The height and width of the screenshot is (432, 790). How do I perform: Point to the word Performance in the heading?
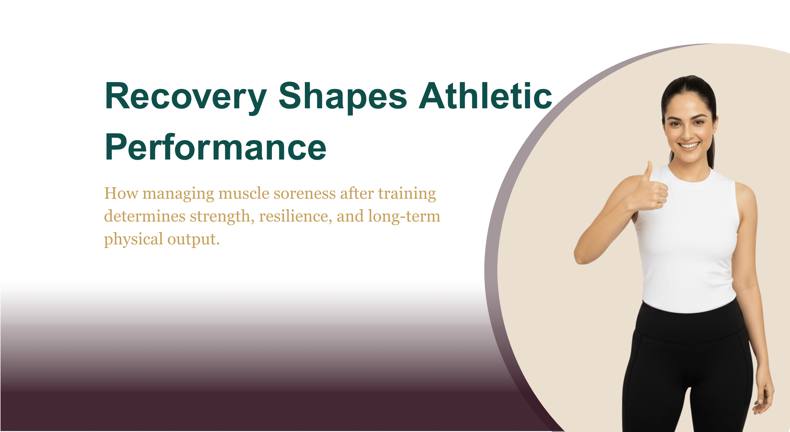215,147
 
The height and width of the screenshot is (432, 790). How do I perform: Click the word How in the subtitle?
121,194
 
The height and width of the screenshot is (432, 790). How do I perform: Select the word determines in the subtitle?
145,216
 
